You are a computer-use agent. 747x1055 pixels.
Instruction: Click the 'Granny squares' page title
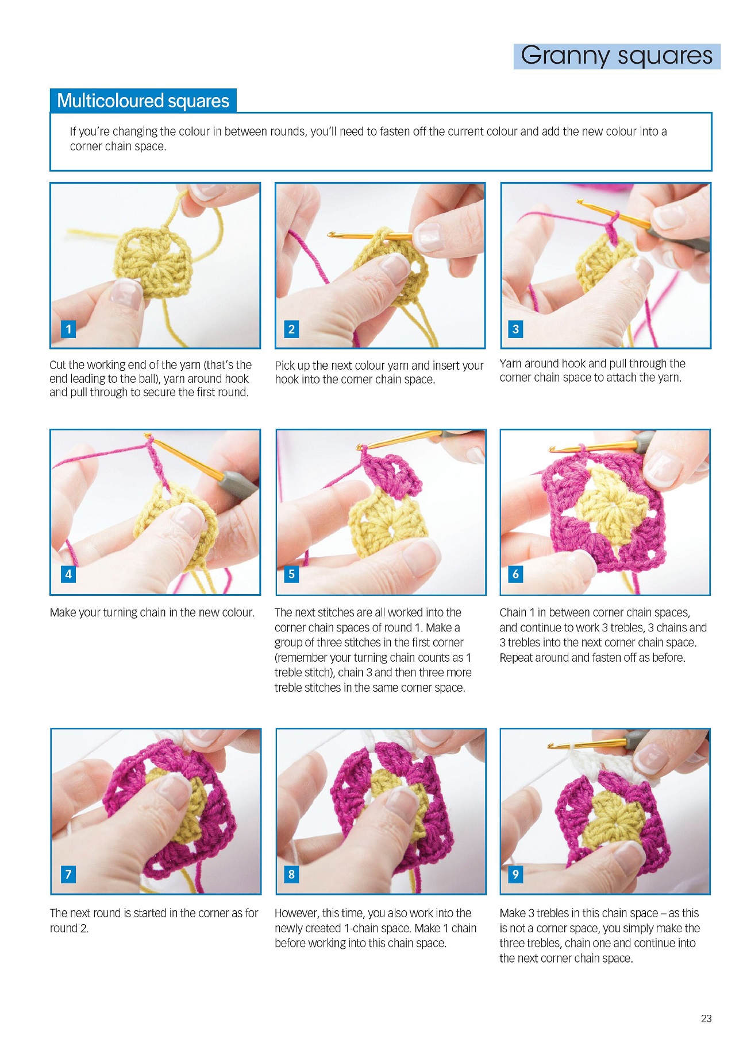[x=617, y=56]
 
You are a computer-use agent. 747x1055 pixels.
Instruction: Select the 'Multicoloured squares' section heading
[x=143, y=101]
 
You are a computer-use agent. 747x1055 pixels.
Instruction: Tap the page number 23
[x=706, y=1018]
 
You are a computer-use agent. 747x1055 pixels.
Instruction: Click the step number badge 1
[x=68, y=329]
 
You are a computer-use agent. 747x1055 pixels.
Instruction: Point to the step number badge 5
[x=291, y=574]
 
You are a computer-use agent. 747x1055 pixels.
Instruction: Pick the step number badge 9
[x=515, y=874]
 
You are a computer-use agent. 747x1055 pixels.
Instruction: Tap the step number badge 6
[x=515, y=574]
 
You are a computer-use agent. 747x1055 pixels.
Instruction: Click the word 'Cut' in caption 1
[x=57, y=364]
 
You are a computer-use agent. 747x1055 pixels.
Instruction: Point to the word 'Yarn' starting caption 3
[x=511, y=363]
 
